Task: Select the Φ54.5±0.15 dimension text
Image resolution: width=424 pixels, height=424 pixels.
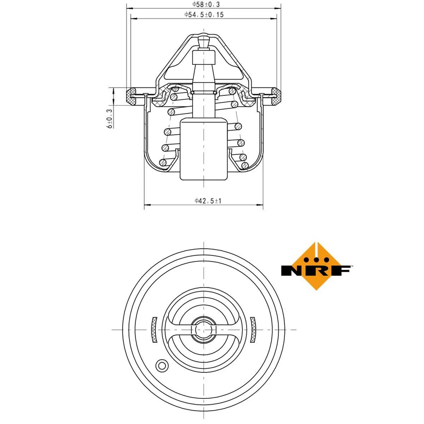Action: (x=204, y=15)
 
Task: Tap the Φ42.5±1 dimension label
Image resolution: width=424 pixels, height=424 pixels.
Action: (x=208, y=201)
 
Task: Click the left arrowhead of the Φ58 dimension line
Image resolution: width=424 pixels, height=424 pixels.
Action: (x=129, y=8)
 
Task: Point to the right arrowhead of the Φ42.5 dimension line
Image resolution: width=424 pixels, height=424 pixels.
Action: (x=260, y=205)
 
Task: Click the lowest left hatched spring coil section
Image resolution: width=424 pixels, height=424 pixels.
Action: (x=163, y=163)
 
